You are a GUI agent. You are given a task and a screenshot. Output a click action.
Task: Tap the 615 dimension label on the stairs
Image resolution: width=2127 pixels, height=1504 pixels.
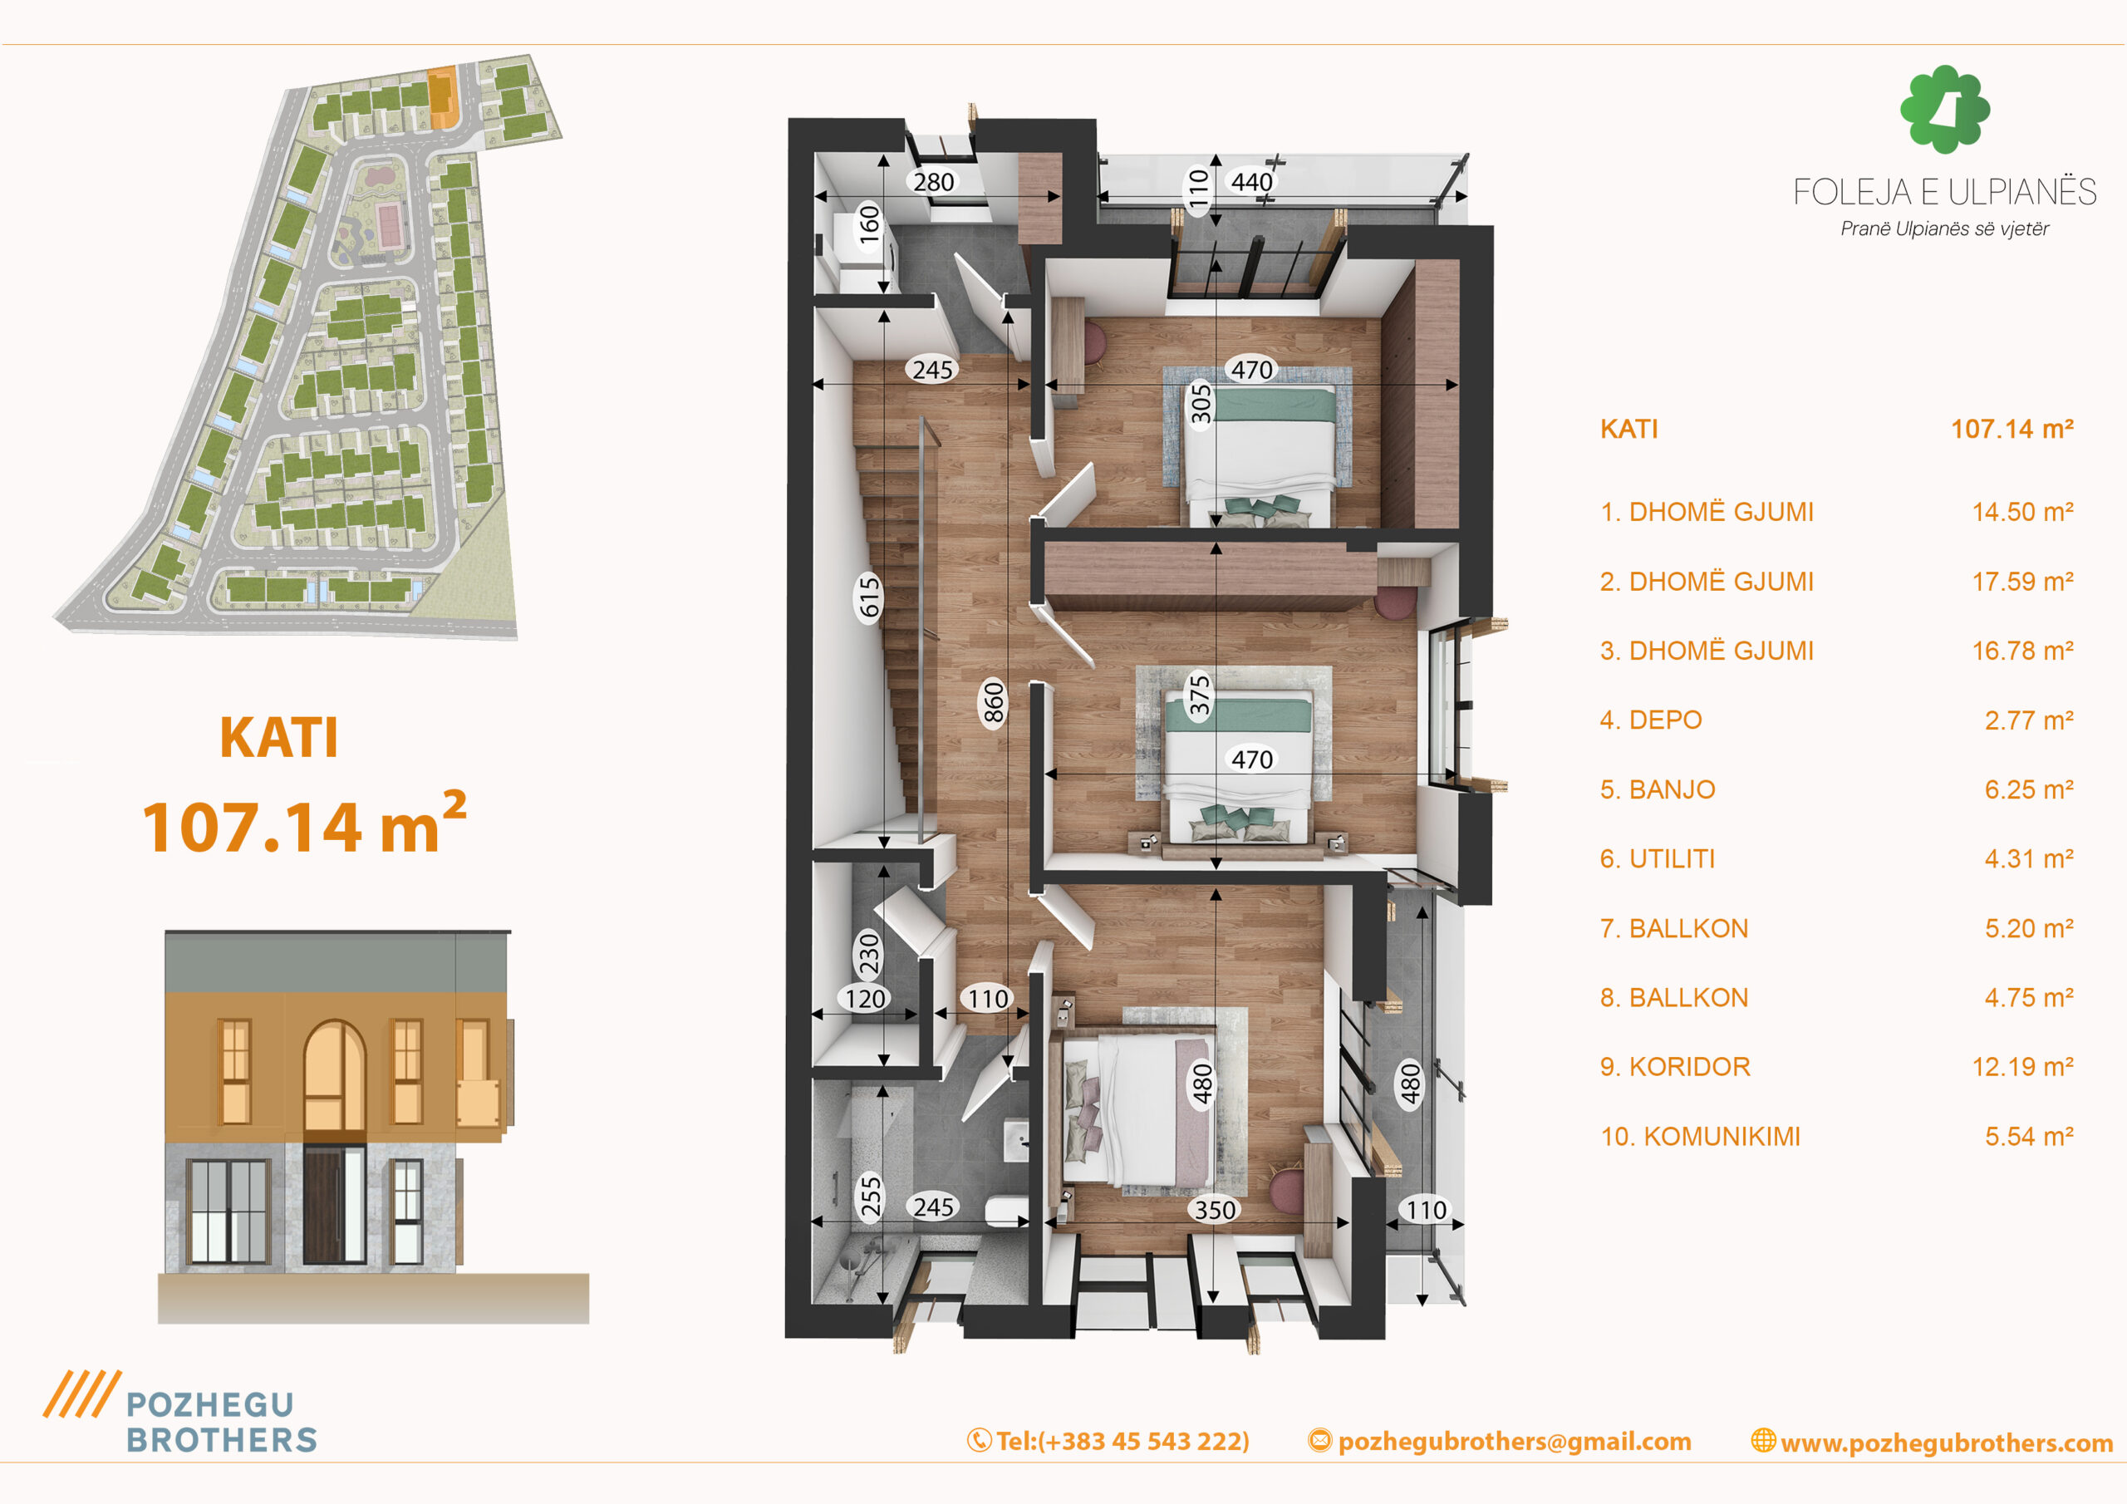tap(869, 597)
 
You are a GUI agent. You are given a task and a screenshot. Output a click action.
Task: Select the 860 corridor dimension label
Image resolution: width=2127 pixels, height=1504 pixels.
tap(993, 703)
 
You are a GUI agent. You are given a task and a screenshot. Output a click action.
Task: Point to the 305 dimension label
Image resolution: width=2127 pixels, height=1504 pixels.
tap(1201, 404)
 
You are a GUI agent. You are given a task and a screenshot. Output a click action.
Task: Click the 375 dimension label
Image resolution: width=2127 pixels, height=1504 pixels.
tap(1200, 695)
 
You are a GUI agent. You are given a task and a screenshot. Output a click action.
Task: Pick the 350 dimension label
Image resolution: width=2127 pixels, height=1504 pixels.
tap(1215, 1210)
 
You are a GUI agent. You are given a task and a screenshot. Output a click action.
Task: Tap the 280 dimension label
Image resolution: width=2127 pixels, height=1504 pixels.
tap(933, 183)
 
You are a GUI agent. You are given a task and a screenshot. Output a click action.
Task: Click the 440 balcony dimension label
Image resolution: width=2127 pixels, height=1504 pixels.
tap(1251, 182)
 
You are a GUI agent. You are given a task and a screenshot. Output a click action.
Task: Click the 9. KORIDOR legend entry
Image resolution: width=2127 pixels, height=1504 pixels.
tap(1675, 1067)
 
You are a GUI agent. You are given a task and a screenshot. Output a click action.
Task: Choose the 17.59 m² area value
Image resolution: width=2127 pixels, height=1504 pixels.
tap(2022, 582)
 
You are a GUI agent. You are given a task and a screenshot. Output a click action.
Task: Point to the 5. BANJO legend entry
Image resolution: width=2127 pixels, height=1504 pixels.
tap(1658, 789)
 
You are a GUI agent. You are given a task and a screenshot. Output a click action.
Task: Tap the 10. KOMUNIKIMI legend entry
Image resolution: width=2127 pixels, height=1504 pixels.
tap(1700, 1136)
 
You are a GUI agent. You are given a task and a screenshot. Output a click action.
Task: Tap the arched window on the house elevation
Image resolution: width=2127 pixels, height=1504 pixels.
tap(335, 1076)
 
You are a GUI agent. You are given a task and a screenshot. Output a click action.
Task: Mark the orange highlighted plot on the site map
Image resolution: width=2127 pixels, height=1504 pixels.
tap(442, 98)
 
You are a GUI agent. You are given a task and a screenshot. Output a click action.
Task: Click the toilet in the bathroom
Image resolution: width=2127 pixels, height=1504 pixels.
tap(1005, 1210)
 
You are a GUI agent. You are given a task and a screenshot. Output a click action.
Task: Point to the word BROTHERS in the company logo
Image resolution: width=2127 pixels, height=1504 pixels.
tap(223, 1439)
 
